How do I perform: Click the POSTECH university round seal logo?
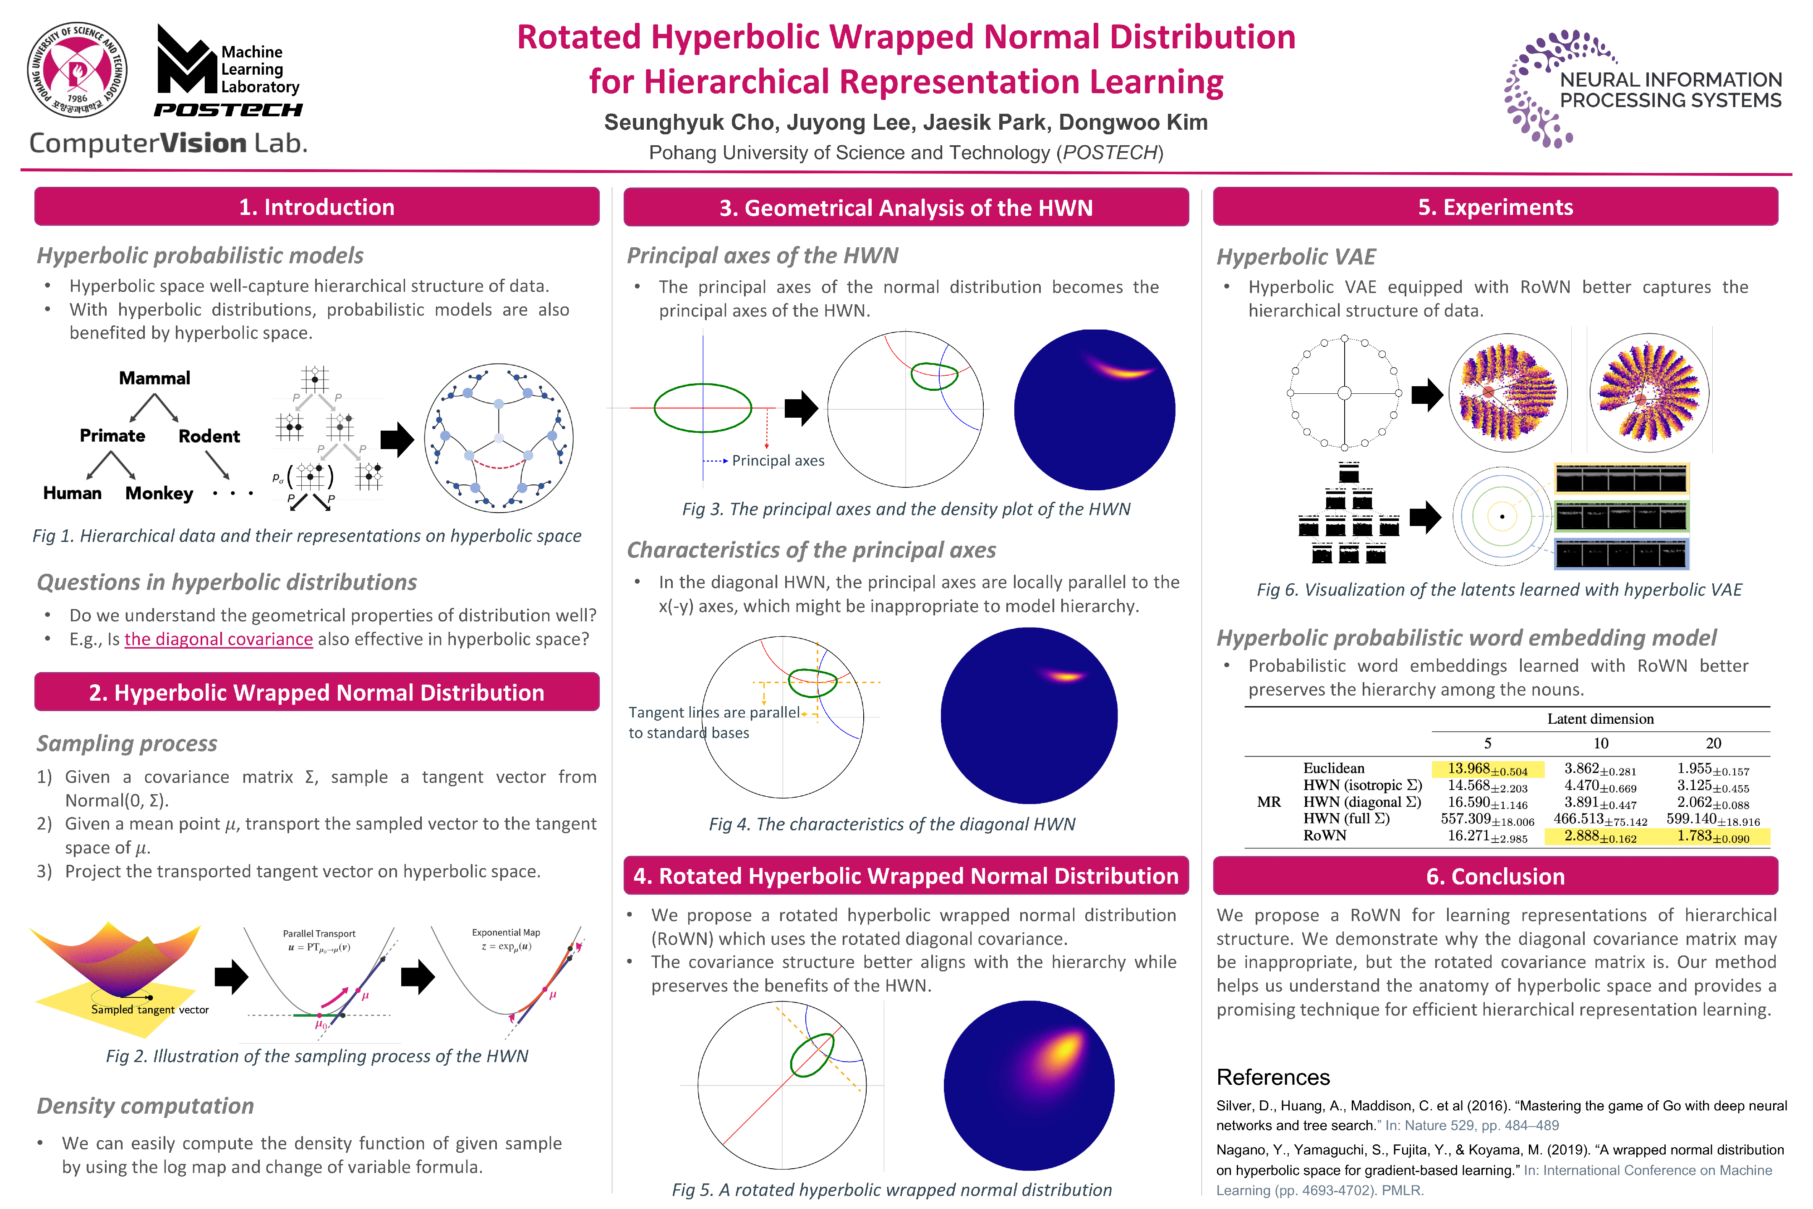tap(77, 69)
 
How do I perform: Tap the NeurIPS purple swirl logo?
tap(1549, 89)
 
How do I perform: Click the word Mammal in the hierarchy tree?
tap(154, 378)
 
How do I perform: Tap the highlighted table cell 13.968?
tap(1486, 769)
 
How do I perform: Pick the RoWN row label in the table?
tap(1324, 835)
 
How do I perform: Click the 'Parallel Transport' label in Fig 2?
tap(319, 933)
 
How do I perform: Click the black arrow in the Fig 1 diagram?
tap(397, 440)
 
